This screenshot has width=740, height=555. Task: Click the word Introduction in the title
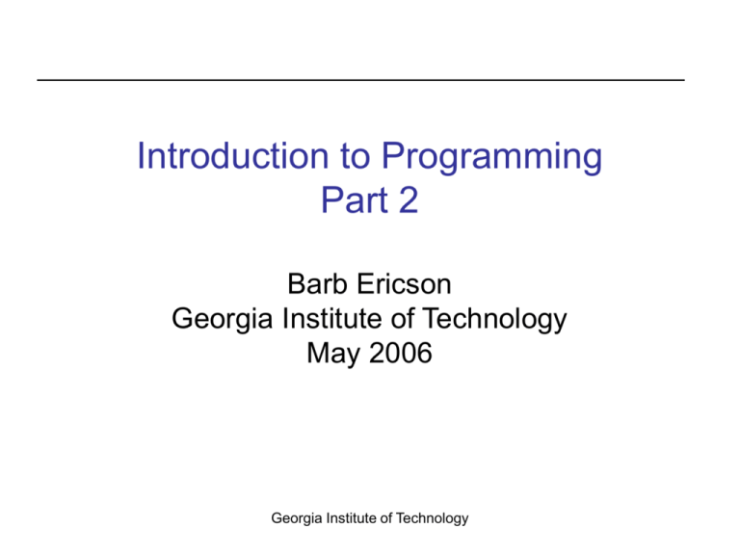(x=232, y=156)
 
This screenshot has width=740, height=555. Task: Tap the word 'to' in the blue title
(x=355, y=157)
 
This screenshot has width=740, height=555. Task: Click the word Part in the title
(x=355, y=200)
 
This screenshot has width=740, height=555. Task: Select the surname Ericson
(x=404, y=284)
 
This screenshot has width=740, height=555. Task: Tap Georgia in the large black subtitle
(x=223, y=320)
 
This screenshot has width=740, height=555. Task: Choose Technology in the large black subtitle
(x=493, y=320)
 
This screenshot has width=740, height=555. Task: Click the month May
(x=333, y=354)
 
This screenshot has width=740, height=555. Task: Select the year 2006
(x=401, y=353)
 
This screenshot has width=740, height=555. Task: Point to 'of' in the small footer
(x=386, y=517)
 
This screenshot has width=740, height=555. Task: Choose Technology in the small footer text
(x=433, y=518)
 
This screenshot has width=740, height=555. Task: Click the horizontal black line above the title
(x=361, y=80)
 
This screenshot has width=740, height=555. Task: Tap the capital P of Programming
(x=392, y=156)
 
